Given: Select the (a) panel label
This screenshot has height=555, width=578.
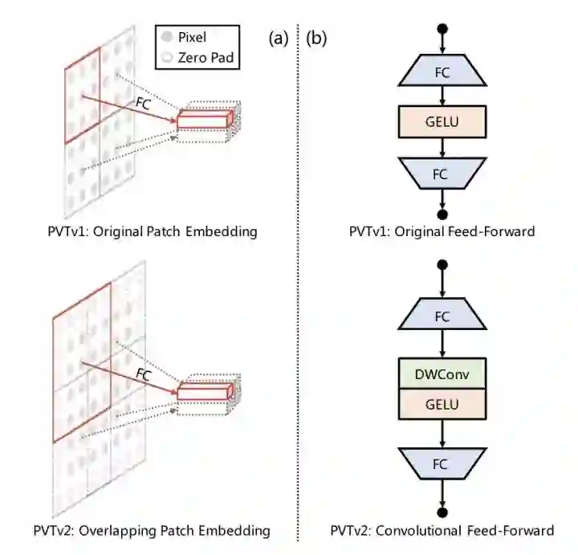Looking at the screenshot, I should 280,38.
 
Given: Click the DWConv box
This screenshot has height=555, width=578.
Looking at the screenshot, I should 442,373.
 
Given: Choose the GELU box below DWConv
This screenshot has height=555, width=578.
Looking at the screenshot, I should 442,403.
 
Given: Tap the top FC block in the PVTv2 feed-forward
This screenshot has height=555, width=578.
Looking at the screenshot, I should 442,315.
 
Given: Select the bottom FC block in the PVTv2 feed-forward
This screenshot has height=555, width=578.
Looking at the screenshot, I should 442,463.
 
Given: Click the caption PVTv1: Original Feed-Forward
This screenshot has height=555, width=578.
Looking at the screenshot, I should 442,232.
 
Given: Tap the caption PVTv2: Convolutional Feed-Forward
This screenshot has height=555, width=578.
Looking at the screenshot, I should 442,530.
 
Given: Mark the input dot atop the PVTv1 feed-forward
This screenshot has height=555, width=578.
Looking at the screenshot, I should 442,30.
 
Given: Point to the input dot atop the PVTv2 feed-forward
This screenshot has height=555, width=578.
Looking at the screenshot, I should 442,264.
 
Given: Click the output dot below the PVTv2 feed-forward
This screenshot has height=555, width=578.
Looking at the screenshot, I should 442,512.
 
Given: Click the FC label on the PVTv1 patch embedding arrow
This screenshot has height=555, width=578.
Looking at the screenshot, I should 144,103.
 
